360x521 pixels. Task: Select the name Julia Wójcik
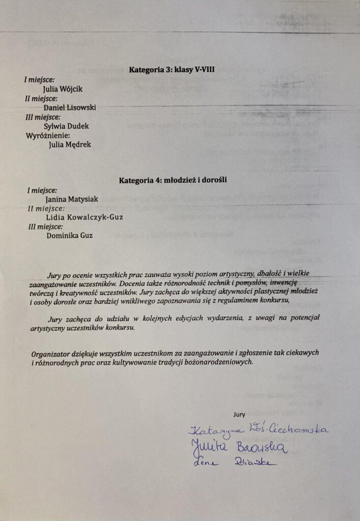(63, 89)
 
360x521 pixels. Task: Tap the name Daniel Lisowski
(70, 108)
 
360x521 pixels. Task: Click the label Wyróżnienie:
(47, 135)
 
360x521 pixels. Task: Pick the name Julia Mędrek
(69, 144)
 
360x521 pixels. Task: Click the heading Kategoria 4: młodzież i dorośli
(173, 180)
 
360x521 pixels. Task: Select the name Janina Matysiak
(72, 199)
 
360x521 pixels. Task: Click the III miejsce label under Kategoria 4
(46, 226)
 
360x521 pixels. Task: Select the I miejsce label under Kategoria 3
(39, 80)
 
